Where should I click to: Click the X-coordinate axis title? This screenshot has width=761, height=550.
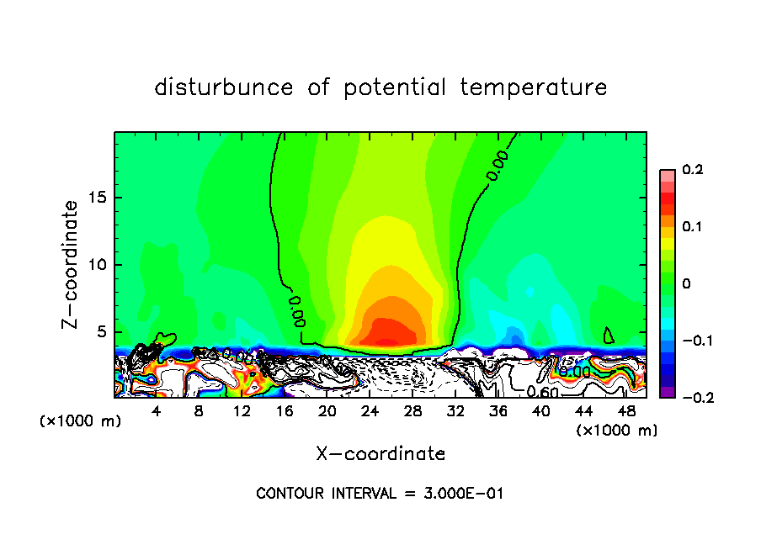point(380,454)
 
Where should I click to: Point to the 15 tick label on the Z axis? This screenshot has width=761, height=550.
point(99,198)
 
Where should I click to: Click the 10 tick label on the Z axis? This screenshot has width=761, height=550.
point(99,265)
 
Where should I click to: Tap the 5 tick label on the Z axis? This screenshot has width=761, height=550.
point(104,331)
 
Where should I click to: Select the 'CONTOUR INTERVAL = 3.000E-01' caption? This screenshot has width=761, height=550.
point(380,494)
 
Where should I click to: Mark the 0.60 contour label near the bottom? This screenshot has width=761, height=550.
point(543,391)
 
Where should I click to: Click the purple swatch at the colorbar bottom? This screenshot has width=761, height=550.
point(667,392)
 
